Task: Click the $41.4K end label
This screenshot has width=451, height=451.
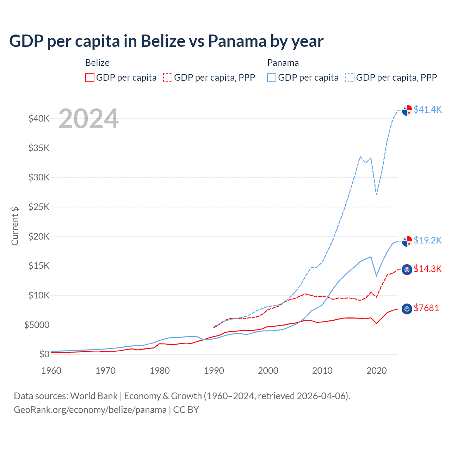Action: coord(427,110)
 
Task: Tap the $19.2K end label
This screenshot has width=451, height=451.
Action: coord(427,240)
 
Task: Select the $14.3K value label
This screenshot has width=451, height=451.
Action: coord(427,269)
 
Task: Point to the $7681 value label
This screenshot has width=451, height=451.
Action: coord(426,308)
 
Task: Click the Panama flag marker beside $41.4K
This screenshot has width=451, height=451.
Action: coord(407,110)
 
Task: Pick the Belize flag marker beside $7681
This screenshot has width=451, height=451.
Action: coord(407,309)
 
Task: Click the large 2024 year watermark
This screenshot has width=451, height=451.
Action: coord(88,119)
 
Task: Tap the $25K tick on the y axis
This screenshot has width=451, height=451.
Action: coord(39,207)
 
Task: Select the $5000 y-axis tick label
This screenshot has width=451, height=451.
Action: coord(37,325)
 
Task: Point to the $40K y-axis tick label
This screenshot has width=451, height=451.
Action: coord(39,118)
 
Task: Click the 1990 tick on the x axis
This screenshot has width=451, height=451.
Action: coord(214,371)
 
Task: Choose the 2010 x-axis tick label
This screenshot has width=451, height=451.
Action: coord(322,371)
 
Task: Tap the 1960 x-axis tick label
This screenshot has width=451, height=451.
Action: coord(51,371)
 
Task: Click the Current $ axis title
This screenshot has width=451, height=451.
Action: coord(15,226)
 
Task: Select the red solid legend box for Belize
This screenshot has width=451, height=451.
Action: coord(90,78)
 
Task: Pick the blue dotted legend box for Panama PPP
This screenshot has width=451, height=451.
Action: coord(350,78)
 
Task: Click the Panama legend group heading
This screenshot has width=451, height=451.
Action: coord(283,63)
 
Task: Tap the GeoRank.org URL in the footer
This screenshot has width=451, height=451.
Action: coord(90,410)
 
